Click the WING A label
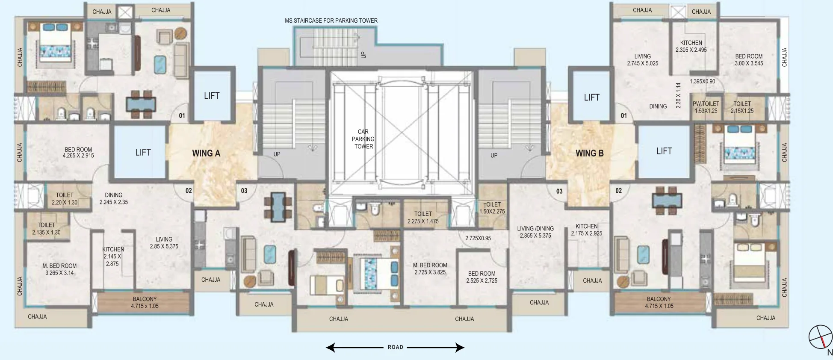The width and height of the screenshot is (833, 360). [206, 153]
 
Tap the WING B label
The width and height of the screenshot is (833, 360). [589, 153]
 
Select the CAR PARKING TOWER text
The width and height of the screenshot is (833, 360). [363, 139]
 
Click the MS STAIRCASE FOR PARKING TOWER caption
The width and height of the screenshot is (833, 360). [331, 21]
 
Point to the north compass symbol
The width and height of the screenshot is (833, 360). [821, 337]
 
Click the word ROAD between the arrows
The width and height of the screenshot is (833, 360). [396, 347]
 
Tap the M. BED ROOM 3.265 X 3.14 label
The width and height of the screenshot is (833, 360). [59, 269]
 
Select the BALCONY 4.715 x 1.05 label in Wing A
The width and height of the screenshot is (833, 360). [145, 302]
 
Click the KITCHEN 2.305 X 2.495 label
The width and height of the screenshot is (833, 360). [691, 46]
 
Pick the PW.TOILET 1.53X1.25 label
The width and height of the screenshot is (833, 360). [706, 107]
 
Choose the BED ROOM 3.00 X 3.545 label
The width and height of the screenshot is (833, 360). [749, 60]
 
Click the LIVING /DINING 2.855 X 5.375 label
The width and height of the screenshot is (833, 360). [535, 232]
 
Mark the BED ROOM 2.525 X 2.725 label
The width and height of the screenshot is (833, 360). [481, 277]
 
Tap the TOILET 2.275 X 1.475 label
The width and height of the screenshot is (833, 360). [423, 218]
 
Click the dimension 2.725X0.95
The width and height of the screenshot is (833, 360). [478, 238]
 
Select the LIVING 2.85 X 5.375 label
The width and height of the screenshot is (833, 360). [164, 243]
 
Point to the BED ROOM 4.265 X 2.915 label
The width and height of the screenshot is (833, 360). [78, 153]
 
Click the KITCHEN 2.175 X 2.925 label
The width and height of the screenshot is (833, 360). [587, 230]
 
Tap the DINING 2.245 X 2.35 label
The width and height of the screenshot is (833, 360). [114, 198]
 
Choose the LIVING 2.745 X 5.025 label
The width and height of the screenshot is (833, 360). [642, 60]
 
